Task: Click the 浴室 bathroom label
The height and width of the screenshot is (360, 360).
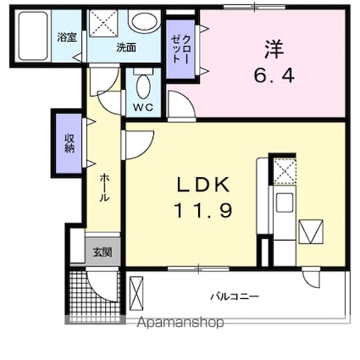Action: (x=65, y=38)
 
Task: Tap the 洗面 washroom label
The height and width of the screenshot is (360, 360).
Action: (x=126, y=48)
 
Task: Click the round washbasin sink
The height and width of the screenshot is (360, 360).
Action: (x=144, y=22)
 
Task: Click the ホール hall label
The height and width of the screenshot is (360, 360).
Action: (x=103, y=186)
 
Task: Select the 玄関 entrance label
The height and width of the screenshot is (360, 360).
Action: (x=101, y=251)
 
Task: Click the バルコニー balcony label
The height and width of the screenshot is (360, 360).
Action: (x=235, y=296)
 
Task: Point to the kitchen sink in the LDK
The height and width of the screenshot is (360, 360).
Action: (x=285, y=202)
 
